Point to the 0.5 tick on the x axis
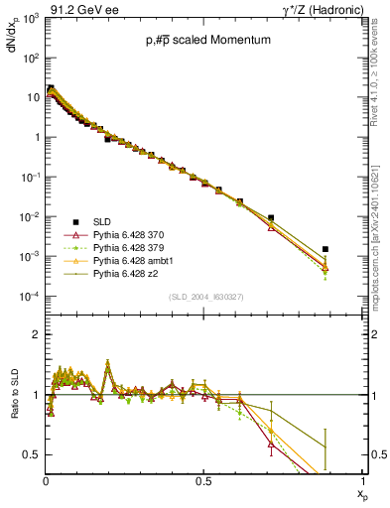click(204, 481)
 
